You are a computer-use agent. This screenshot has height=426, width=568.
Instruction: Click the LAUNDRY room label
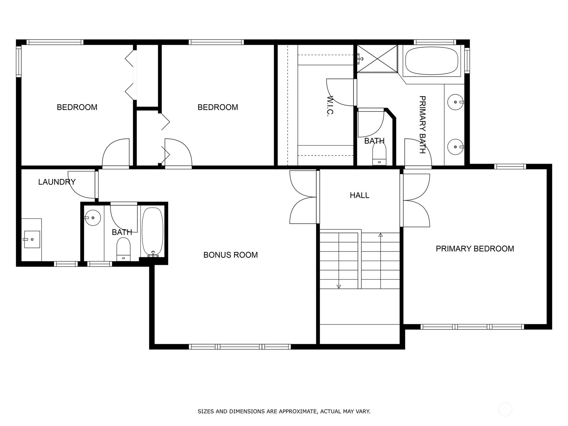57,182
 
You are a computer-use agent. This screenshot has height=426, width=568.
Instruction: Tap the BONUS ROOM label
230,255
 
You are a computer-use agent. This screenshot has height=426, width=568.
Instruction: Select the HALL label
359,195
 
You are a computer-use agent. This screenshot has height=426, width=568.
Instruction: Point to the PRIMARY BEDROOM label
475,248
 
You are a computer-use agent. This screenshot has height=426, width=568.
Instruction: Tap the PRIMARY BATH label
422,125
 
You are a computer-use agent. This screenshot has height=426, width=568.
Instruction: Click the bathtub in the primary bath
431,61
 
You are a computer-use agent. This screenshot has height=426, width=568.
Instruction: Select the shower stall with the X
377,59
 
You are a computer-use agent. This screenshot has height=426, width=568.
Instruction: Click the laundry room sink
32,239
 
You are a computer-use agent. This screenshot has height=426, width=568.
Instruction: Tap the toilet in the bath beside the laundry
124,249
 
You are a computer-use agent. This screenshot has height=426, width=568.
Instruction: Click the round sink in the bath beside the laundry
92,218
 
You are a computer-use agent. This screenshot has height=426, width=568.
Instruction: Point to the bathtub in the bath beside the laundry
153,232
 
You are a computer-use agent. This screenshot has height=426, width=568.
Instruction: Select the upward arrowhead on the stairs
381,235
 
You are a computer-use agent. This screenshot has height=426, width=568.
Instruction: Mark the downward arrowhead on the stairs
339,286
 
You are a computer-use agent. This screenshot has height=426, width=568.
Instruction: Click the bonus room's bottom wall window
240,346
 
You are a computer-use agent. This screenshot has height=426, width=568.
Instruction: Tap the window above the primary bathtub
435,42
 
